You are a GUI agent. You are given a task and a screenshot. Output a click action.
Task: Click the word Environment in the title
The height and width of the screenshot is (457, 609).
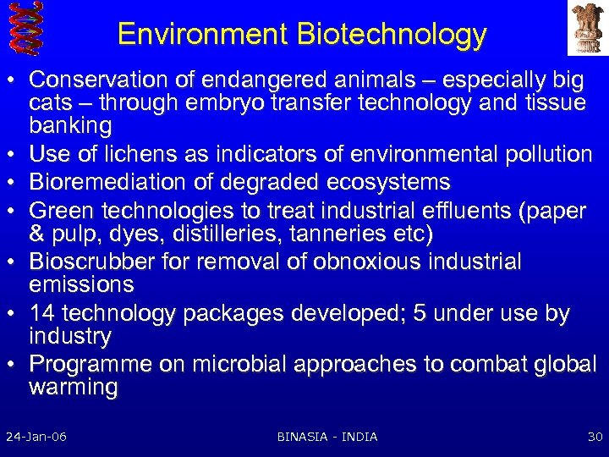tap(204, 34)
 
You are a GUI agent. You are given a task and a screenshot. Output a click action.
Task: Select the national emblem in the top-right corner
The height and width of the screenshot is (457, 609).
tap(586, 28)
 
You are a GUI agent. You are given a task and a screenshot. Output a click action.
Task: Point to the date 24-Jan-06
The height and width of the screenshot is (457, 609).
tap(36, 437)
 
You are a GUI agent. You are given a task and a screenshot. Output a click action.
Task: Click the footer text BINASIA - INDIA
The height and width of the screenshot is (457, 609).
tap(327, 437)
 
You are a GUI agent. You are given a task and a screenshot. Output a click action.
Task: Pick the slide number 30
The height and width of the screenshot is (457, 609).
tap(594, 437)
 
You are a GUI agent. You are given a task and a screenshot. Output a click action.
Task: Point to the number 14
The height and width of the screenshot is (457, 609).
tap(41, 314)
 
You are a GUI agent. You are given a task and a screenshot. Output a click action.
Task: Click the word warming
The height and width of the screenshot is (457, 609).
tap(73, 388)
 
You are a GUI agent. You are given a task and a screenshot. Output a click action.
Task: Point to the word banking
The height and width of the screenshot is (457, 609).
tap(70, 126)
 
